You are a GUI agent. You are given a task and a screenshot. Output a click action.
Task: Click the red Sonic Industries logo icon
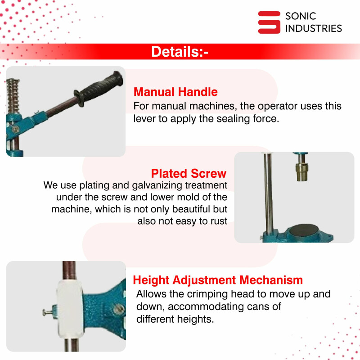269,22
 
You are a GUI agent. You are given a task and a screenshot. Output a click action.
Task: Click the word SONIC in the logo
301,16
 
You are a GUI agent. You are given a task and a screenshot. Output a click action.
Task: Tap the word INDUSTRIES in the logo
314,28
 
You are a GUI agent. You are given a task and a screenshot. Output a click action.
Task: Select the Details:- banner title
180,52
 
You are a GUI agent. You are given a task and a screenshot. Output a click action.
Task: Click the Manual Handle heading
175,92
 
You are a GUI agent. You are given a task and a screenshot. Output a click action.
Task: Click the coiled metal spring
13,96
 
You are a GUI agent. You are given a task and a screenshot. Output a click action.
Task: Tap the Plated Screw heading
189,173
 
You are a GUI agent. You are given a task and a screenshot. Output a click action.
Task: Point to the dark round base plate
304,230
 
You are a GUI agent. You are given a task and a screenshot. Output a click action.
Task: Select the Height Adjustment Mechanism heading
218,280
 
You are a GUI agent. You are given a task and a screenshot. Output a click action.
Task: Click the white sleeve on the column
70,309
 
